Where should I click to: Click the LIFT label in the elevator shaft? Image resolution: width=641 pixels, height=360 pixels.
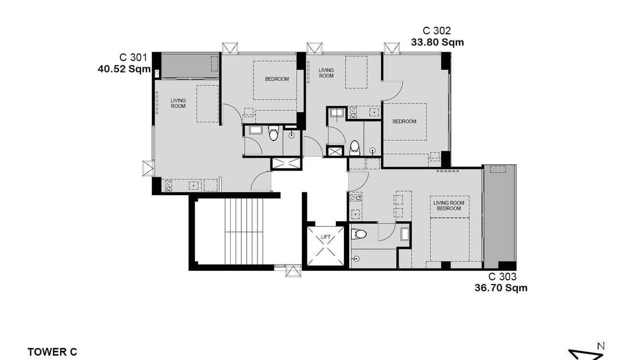(x=326, y=237)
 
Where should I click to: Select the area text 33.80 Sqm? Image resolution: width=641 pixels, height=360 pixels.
(x=437, y=42)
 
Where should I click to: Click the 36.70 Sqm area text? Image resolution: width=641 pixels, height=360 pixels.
(x=501, y=287)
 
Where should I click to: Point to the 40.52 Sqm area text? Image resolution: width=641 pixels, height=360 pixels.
(x=124, y=69)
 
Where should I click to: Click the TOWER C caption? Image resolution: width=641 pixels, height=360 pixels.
(x=52, y=352)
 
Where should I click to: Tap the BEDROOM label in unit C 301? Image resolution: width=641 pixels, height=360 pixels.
(x=277, y=79)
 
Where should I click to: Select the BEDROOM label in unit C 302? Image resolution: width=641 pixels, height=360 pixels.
(x=404, y=121)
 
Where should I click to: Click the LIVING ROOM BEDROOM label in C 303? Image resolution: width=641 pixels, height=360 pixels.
(x=449, y=205)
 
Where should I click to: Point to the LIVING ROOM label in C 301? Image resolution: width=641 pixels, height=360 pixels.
(x=178, y=103)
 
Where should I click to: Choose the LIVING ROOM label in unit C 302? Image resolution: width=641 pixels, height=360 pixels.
(x=326, y=73)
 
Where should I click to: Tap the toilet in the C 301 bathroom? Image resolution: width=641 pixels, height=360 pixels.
(x=273, y=134)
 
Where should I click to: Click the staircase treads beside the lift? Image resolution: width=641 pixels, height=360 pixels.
(x=244, y=231)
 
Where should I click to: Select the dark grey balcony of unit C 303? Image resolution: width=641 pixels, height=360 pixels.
(x=499, y=215)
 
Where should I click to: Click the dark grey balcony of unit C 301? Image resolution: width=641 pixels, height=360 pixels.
(x=186, y=65)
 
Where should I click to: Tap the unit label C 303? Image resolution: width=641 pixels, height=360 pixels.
(x=502, y=276)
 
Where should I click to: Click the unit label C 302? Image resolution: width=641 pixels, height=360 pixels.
(x=437, y=31)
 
